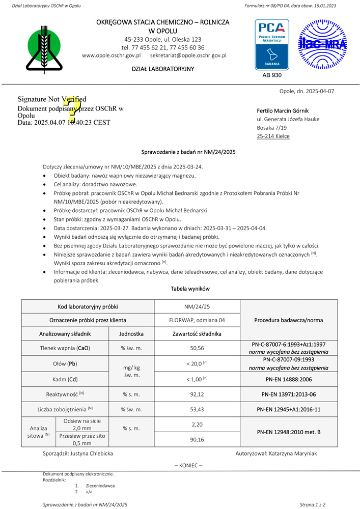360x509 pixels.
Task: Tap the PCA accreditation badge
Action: (x=271, y=44)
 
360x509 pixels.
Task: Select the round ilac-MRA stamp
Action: (x=322, y=44)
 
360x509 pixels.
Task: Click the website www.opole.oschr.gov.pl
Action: (x=111, y=55)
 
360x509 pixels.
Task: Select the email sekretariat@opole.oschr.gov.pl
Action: (x=188, y=55)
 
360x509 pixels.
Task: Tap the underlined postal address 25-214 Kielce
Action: (x=273, y=136)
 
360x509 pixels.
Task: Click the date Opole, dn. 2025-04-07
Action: (x=307, y=91)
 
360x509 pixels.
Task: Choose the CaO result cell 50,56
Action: (x=197, y=348)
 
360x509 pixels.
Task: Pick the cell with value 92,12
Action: (x=197, y=393)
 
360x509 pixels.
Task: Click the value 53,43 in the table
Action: (x=197, y=409)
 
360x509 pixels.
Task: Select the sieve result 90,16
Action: (x=197, y=440)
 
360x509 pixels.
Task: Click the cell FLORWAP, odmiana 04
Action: (x=197, y=320)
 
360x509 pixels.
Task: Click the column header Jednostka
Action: (x=131, y=334)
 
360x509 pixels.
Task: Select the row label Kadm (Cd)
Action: (x=65, y=379)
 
